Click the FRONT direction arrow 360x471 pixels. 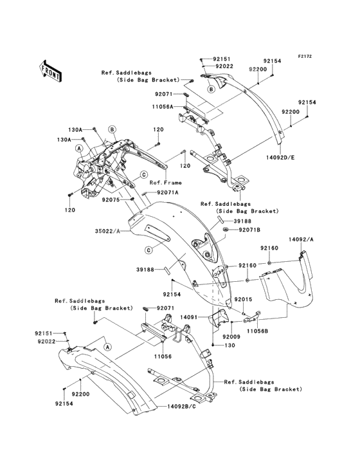pos(50,71)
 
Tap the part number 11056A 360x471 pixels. pos(163,107)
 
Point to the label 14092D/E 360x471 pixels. pos(280,157)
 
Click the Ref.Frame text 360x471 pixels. pos(166,182)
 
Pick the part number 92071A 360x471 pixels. pos(167,192)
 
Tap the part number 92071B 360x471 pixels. pos(249,230)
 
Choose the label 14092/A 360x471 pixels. pos(301,239)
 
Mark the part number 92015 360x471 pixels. pos(243,299)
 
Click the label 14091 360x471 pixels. pos(189,317)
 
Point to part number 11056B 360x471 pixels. pos(257,331)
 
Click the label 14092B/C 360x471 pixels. pos(182,406)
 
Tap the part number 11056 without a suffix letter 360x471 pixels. pos(163,356)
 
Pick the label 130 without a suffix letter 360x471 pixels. pos(230,346)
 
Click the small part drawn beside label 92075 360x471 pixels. pos(132,199)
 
